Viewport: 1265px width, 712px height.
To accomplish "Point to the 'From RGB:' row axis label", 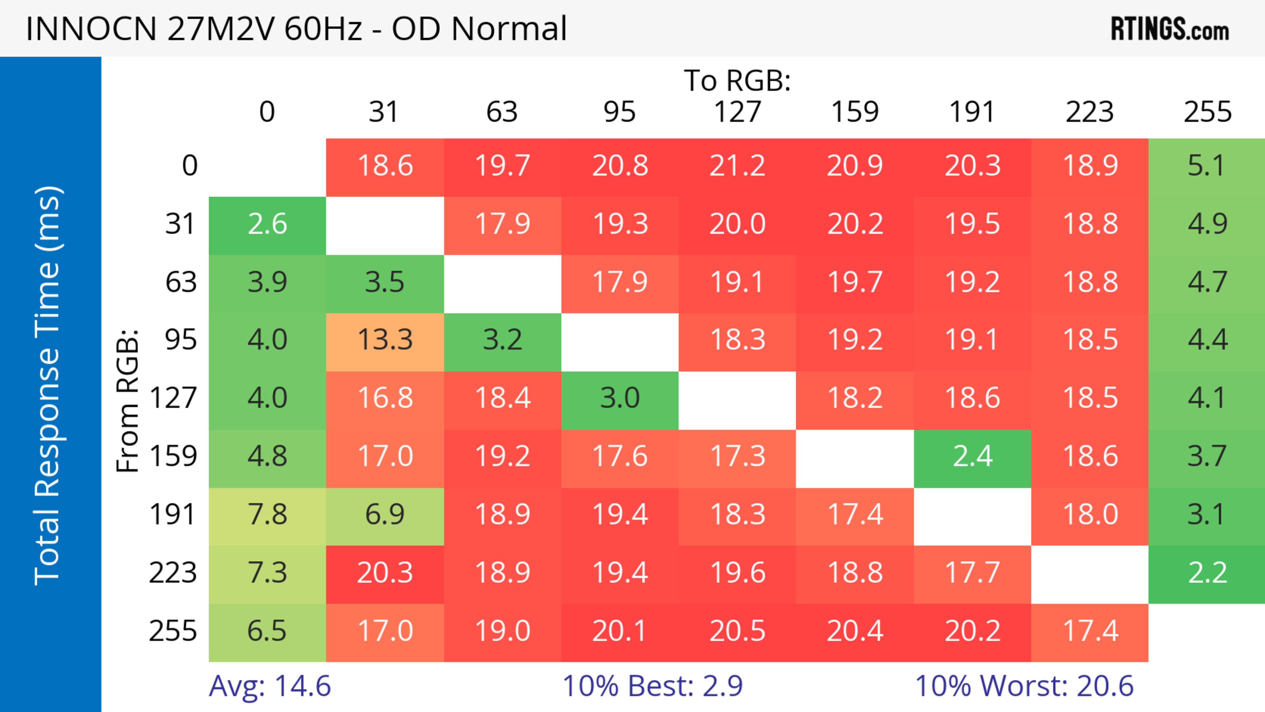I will click(x=128, y=401).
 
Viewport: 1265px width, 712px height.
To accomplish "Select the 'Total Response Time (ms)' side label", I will click(x=48, y=385).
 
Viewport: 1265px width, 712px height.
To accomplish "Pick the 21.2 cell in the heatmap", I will click(x=737, y=165).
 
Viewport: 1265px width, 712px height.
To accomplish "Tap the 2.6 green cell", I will click(x=267, y=224).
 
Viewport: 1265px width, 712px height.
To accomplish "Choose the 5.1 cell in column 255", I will click(x=1207, y=165).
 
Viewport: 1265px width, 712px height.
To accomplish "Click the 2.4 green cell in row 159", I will click(x=972, y=456).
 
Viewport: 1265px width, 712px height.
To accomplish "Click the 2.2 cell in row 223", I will click(x=1207, y=573).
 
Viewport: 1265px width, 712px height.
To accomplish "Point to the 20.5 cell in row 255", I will click(x=737, y=631).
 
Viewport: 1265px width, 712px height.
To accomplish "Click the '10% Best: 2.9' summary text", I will click(x=652, y=686).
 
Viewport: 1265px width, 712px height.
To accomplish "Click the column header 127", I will click(x=737, y=112).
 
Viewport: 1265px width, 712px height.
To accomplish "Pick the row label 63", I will click(x=181, y=282).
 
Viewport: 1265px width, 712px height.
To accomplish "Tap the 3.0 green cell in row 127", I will click(x=620, y=398).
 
